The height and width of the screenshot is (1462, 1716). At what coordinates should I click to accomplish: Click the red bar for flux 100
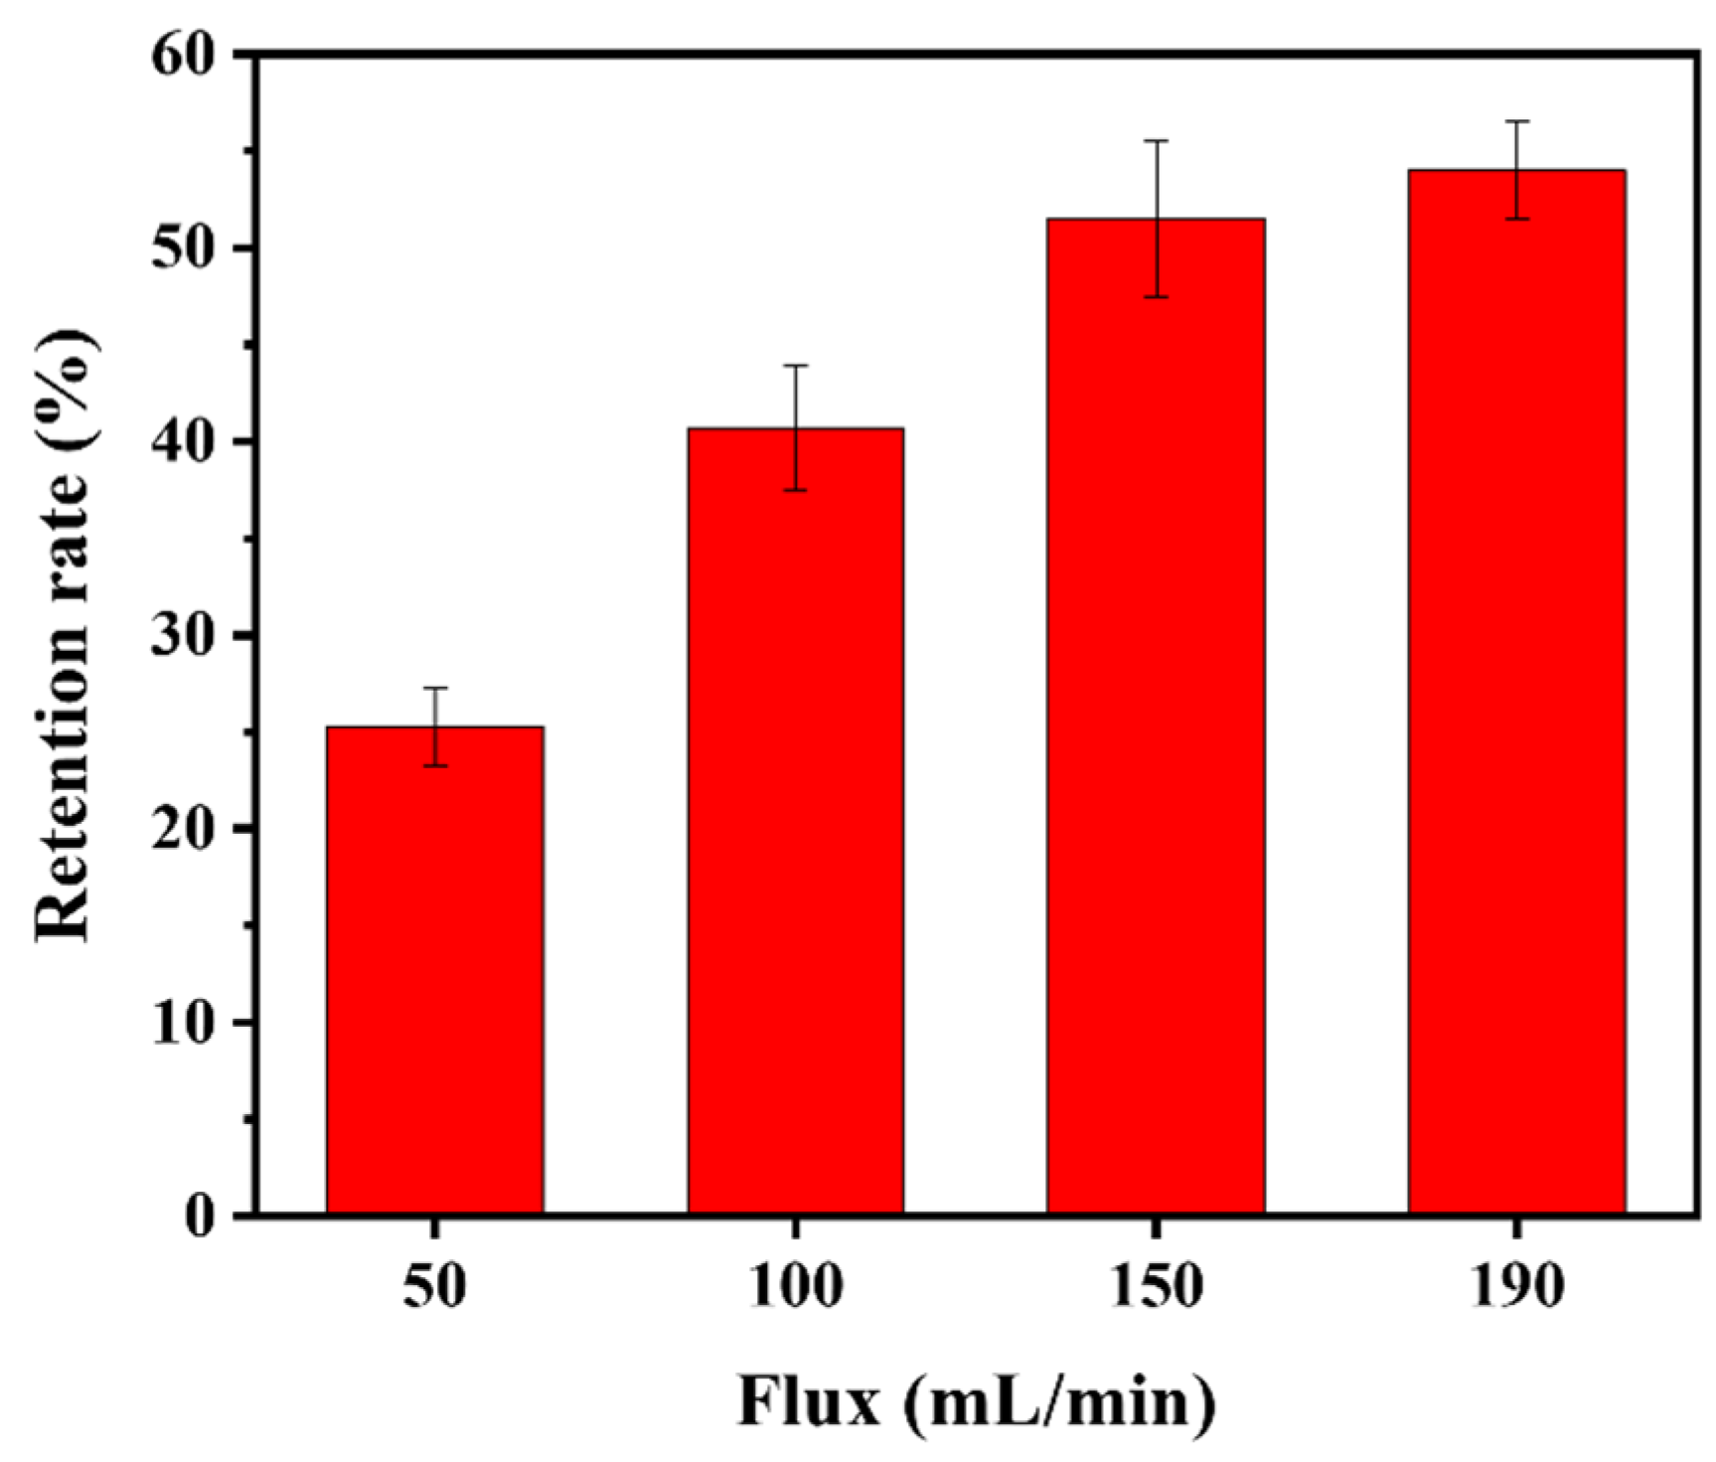[x=795, y=820]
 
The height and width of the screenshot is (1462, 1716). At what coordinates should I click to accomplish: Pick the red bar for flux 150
[x=1155, y=716]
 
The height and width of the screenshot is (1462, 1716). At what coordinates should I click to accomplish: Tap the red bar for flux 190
[x=1515, y=691]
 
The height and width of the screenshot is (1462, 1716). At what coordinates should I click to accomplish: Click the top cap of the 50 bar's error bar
[x=434, y=688]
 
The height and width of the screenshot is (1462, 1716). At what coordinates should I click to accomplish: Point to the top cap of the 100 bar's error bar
[x=795, y=366]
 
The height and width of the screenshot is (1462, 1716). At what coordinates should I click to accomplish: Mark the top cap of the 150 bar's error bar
[x=1155, y=141]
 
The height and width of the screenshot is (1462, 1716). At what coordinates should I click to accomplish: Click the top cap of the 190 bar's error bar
[x=1515, y=121]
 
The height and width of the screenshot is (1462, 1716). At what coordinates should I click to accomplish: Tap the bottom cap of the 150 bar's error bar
[x=1155, y=296]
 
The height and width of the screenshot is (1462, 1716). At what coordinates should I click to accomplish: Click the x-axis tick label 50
[x=434, y=1287]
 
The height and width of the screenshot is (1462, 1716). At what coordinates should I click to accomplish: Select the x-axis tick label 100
[x=795, y=1287]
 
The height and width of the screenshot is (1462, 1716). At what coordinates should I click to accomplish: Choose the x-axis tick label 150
[x=1155, y=1287]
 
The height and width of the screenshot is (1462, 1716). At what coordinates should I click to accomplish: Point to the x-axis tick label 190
[x=1515, y=1287]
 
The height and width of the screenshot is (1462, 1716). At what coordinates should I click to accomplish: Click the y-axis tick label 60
[x=184, y=55]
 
